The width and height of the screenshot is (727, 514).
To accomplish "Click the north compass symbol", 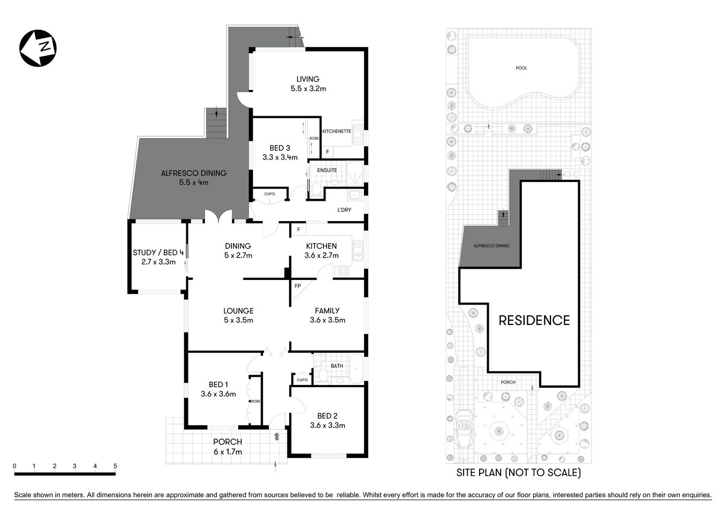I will tap(38, 48).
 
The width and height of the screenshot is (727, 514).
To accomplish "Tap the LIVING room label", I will tap(308, 84).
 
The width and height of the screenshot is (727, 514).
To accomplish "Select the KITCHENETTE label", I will tap(336, 131).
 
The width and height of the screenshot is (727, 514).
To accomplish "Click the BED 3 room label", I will tap(279, 153).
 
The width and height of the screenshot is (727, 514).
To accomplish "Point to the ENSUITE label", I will tap(327, 170).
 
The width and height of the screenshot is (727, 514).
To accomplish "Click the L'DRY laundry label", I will tap(344, 210).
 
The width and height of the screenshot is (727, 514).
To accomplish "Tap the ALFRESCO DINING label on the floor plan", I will tap(193, 177).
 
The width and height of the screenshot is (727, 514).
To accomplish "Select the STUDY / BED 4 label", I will tap(158, 257).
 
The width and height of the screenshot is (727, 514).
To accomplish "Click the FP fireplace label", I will tap(298, 286).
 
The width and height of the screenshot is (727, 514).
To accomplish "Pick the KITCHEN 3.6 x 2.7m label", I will tap(321, 251).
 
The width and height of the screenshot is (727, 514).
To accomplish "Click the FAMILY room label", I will tap(327, 315).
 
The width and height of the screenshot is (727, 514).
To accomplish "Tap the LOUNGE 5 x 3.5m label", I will tap(238, 315).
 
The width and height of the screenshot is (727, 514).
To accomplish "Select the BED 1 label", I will tap(218, 389).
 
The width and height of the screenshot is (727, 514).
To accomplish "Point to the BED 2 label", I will tap(327, 420).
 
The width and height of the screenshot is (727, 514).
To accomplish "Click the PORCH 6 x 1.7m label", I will tap(228, 447).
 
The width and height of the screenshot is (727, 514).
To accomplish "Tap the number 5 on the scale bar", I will tap(115, 466).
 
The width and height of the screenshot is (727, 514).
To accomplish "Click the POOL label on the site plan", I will tap(521, 68).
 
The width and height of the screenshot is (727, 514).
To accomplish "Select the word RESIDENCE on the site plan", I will tap(534, 320).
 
